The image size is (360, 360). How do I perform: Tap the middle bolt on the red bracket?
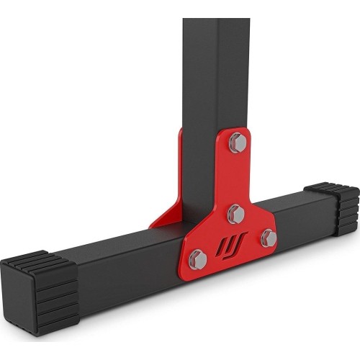[x=235, y=213]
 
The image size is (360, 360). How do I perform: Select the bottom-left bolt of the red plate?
[x=199, y=258]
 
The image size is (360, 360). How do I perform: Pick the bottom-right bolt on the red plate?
[x=268, y=238]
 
